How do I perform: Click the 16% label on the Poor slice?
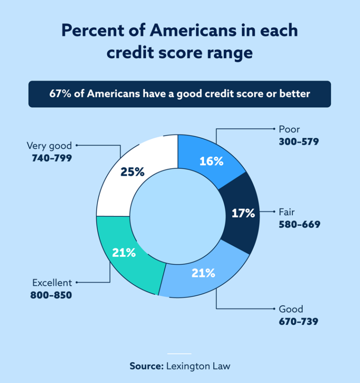pyautogui.click(x=211, y=161)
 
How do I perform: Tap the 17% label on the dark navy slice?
pyautogui.click(x=243, y=213)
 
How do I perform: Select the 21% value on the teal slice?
pyautogui.click(x=124, y=253)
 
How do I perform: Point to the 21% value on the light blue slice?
pyautogui.click(x=203, y=273)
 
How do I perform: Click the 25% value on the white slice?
pyautogui.click(x=132, y=172)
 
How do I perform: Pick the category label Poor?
pyautogui.click(x=289, y=129)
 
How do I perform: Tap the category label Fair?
pyautogui.click(x=287, y=212)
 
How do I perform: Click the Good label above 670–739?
pyautogui.click(x=291, y=309)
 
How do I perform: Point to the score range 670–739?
pyautogui.click(x=299, y=321)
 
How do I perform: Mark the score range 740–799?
pyautogui.click(x=52, y=158)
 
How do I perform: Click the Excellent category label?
pyautogui.click(x=52, y=283)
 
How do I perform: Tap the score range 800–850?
pyautogui.click(x=52, y=295)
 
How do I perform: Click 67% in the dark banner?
pyautogui.click(x=60, y=94)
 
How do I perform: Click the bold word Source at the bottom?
pyautogui.click(x=146, y=366)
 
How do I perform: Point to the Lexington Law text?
pyautogui.click(x=198, y=366)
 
